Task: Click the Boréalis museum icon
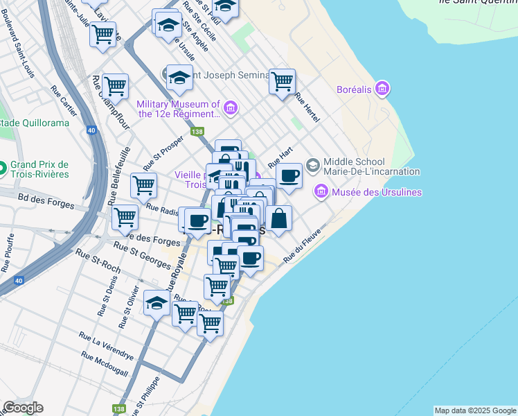(x=382, y=89)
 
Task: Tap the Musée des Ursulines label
(x=377, y=191)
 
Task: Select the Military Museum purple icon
(x=231, y=108)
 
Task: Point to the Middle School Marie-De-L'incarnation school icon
(x=313, y=164)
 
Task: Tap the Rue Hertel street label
(x=306, y=107)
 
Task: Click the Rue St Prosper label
(x=163, y=153)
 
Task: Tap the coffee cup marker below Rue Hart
(x=289, y=176)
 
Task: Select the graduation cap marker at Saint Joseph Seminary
(x=179, y=78)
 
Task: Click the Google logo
(x=23, y=408)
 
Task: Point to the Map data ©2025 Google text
(x=475, y=410)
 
